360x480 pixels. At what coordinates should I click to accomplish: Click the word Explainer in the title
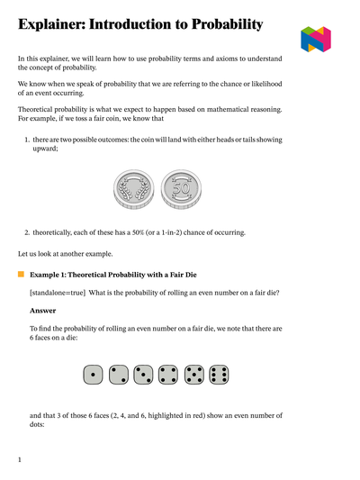coord(56,24)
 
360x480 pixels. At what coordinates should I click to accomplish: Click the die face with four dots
coord(166,374)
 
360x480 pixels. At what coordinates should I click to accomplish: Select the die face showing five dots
coord(192,374)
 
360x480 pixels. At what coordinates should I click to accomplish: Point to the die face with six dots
coord(217,374)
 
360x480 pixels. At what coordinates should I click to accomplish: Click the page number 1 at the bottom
coord(20,460)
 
